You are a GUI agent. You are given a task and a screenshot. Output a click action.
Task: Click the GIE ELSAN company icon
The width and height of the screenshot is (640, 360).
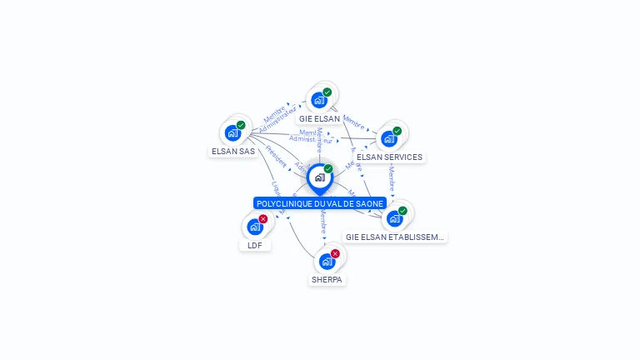[x=319, y=100]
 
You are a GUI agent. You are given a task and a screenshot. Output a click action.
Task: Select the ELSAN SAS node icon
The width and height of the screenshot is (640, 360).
[x=232, y=132]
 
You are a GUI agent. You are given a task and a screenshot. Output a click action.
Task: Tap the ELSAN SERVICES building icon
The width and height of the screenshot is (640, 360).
[x=389, y=138]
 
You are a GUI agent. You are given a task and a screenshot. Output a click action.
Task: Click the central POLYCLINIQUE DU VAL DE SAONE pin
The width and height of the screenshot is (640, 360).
[x=319, y=177]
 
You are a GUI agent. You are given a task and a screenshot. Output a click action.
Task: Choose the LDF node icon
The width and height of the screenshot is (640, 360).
[x=255, y=226]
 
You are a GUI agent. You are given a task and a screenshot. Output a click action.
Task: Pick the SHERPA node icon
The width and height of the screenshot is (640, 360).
[x=327, y=261]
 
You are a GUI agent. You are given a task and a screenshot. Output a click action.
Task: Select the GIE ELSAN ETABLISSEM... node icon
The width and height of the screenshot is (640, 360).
[x=394, y=217]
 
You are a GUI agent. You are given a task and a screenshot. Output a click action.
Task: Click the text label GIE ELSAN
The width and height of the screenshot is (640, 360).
[x=319, y=119]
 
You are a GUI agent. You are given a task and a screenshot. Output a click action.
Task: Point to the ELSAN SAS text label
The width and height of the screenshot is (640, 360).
[x=233, y=152]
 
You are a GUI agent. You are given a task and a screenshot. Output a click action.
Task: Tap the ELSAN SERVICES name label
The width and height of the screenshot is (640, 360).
[x=389, y=157]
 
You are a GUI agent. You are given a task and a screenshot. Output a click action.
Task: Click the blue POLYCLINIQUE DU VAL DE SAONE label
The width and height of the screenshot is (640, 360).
[x=320, y=203]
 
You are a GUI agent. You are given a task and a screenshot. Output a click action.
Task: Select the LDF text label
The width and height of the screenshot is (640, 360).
[x=255, y=246]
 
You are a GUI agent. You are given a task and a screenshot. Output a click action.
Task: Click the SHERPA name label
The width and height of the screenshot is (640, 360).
[x=327, y=280]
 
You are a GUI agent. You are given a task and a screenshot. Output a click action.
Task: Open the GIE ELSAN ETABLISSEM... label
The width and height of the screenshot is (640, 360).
[x=395, y=237]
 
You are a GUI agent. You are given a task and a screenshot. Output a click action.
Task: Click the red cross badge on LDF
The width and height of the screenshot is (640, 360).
[x=263, y=218]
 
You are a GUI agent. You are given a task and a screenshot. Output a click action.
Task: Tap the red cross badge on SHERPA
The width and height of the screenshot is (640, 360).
[x=336, y=253]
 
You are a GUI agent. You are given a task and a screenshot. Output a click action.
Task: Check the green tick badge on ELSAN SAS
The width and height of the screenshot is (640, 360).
[x=241, y=125]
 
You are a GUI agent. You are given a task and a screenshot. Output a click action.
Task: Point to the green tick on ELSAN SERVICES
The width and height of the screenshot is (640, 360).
[x=397, y=131]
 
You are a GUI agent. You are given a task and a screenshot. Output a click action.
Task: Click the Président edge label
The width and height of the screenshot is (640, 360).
[x=276, y=156]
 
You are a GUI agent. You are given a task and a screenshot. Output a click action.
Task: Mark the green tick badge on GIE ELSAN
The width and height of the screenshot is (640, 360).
[x=327, y=92]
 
